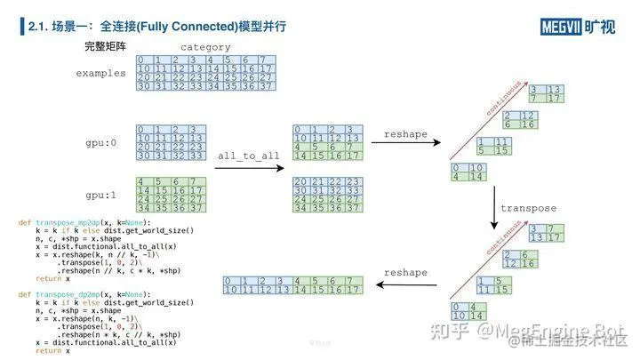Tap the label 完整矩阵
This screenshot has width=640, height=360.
tap(104, 45)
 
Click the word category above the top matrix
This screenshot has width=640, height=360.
tap(205, 46)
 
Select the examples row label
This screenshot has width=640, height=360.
tap(100, 73)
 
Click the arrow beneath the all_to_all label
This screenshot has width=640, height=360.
tap(249, 167)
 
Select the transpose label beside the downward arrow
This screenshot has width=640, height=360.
tap(528, 208)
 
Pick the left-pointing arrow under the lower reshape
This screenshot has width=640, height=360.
tap(405, 286)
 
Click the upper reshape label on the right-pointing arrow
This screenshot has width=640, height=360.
tap(405, 134)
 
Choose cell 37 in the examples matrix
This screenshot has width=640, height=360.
tap(267, 86)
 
